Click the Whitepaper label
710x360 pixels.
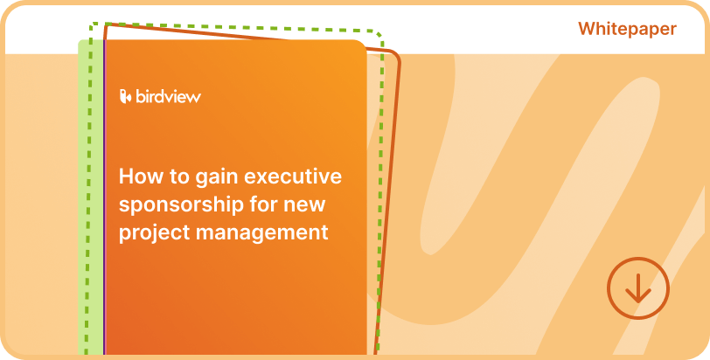click(627, 29)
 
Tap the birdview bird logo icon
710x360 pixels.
click(125, 96)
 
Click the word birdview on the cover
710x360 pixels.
click(168, 96)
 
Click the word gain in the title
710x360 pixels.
click(216, 178)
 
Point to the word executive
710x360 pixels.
click(293, 177)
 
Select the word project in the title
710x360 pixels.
click(151, 234)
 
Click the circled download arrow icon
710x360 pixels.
click(637, 287)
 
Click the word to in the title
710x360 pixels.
click(176, 177)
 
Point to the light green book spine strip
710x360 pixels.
click(90, 201)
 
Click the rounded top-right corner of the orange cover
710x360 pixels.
click(358, 46)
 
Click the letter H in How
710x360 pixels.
click(125, 177)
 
